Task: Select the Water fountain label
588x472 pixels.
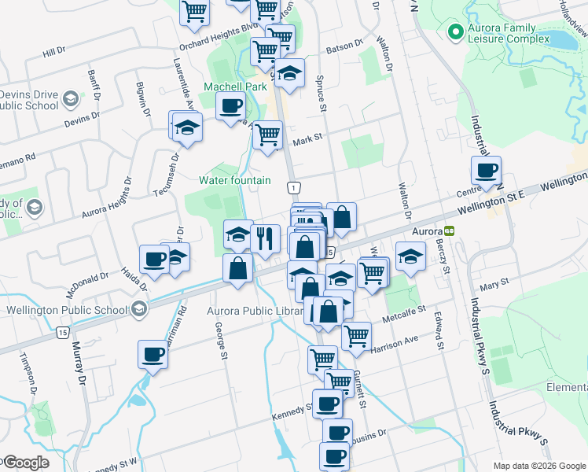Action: point(234,180)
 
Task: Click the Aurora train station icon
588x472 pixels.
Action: point(449,232)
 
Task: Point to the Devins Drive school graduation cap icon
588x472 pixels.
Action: point(71,99)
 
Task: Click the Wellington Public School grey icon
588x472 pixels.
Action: point(138,309)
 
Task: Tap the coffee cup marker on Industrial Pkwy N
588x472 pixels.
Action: point(486,170)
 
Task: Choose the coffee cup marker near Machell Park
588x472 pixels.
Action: point(231,106)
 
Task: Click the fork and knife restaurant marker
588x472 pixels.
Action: point(266,236)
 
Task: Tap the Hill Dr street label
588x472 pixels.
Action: point(53,51)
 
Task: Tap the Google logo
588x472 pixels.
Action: point(25,463)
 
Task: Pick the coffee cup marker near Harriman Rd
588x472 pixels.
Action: point(153,354)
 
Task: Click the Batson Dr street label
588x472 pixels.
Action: point(351,44)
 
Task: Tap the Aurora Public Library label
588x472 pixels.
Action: point(255,311)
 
